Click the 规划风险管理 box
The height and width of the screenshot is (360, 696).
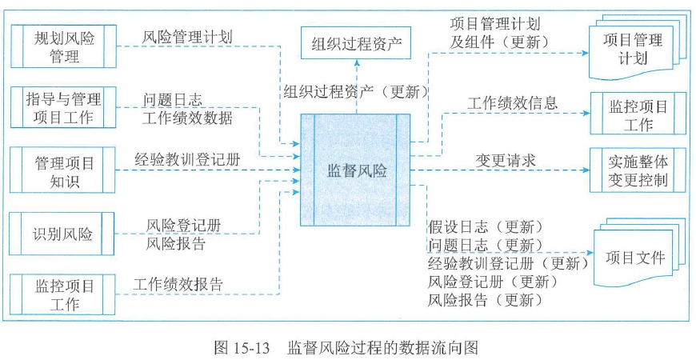[x=64, y=46]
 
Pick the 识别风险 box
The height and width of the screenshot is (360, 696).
[x=64, y=234]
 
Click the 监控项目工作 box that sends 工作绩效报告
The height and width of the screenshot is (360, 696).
[x=64, y=294]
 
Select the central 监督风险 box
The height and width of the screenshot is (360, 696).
[x=355, y=170]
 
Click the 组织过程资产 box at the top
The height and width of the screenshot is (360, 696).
[x=355, y=42]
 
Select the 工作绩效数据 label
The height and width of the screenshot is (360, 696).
[x=188, y=118]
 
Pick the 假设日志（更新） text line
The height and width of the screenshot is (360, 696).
[x=486, y=226]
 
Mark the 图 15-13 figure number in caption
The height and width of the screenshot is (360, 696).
[x=244, y=347]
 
